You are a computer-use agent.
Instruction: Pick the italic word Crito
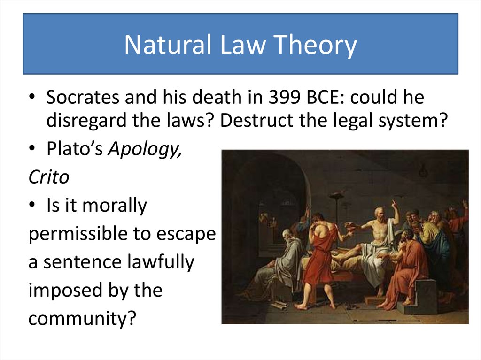48,177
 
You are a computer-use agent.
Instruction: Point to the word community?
82,318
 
